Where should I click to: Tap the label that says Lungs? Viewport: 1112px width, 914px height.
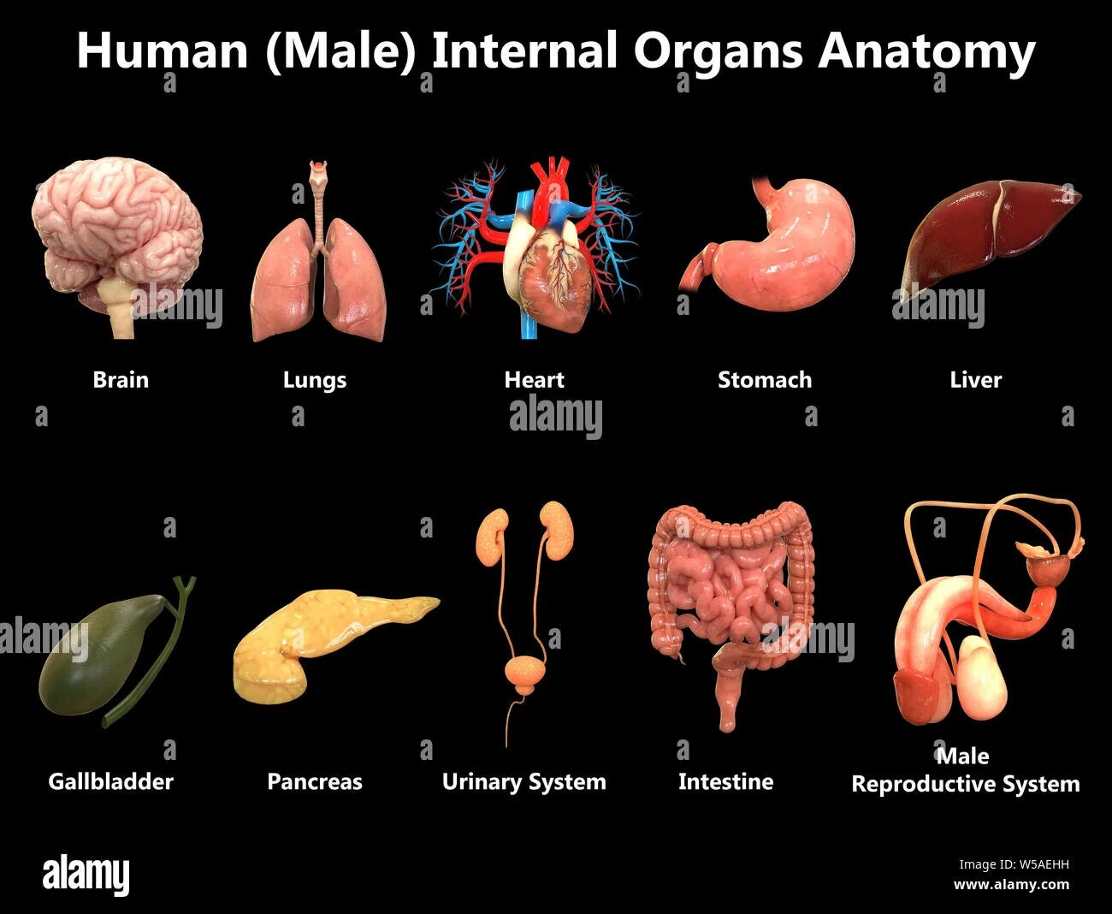314,380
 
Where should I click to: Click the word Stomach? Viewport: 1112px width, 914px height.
764,380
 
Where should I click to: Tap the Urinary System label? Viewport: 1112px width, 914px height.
523,782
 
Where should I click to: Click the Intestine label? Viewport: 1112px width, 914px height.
725,782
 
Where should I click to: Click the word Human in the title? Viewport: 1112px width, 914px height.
162,51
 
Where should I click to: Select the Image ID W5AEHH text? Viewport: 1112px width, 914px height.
1013,865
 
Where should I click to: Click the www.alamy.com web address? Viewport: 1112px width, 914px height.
1011,885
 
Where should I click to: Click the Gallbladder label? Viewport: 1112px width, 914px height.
110,782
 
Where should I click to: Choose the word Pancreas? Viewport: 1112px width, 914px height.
314,782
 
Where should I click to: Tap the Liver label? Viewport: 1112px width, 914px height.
975,380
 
